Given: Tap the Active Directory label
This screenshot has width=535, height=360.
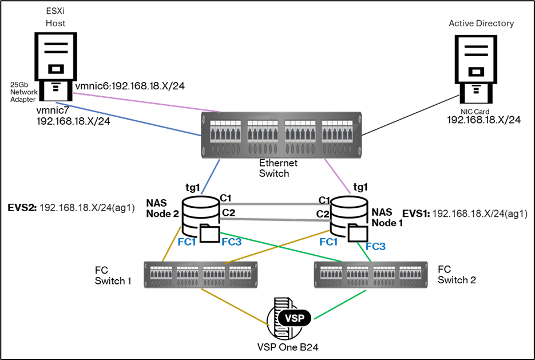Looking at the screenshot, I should point(481,23).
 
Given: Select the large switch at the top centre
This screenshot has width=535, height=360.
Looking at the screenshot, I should point(282,135).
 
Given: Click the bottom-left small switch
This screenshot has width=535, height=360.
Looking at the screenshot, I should point(201,275).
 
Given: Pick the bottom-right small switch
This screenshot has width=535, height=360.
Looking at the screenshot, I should point(370,275).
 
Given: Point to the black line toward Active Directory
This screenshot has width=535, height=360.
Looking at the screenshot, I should point(411,115).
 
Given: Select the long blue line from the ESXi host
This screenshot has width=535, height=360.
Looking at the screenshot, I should point(129,119).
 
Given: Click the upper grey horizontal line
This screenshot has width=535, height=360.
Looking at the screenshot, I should point(275,203).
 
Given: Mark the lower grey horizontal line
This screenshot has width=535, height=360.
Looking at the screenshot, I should point(275,219).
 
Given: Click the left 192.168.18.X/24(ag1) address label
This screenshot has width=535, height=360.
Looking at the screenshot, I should point(86,208).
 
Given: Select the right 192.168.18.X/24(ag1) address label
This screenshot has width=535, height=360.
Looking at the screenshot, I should point(479,213).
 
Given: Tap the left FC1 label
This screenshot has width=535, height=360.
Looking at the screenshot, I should point(187,242).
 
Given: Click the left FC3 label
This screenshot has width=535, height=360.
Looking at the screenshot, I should point(231,242).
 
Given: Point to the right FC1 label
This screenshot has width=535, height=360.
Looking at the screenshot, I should point(328,242).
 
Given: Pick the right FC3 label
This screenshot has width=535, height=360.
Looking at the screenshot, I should point(375,247).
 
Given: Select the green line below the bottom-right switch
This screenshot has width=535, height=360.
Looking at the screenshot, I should point(340,304).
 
